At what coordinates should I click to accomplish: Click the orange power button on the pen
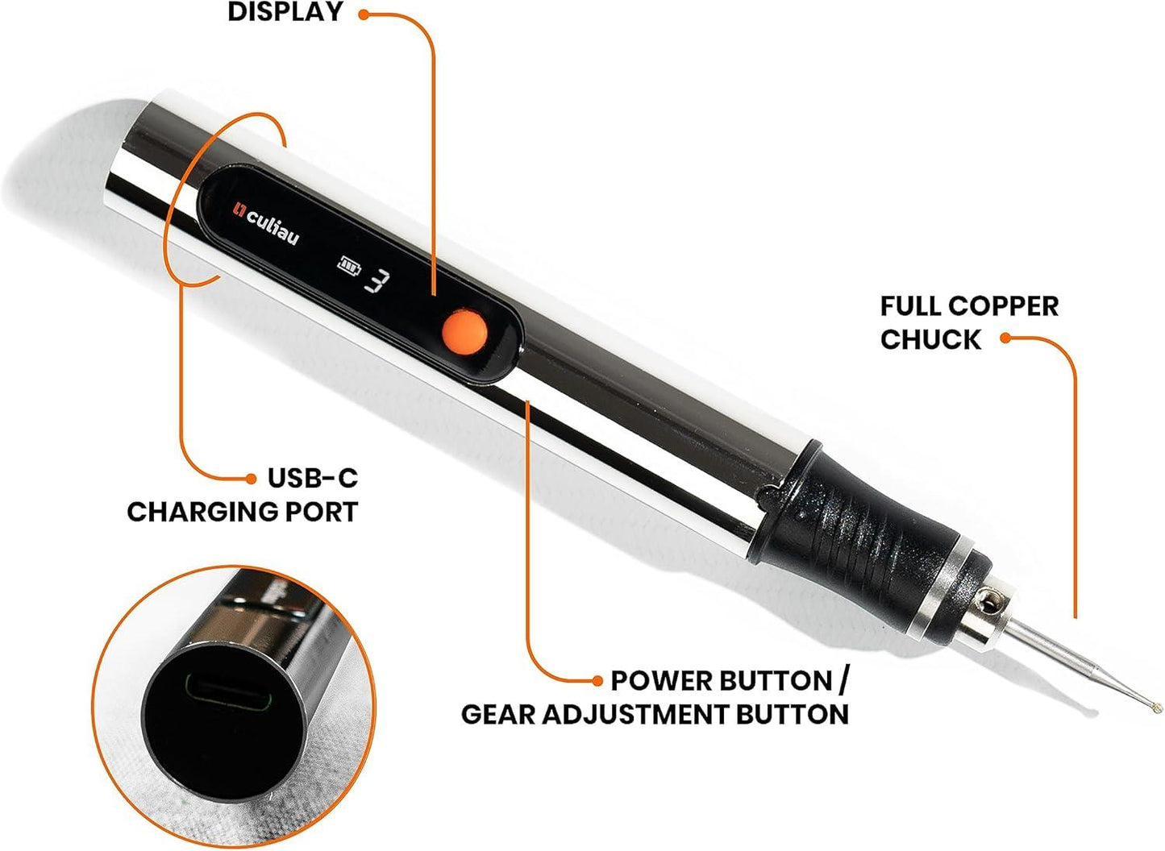click(464, 330)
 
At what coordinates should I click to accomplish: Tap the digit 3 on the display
click(380, 280)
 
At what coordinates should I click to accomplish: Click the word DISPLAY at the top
click(285, 13)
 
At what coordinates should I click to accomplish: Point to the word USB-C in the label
click(312, 478)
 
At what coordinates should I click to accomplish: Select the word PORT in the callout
click(322, 512)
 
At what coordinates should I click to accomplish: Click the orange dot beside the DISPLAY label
click(364, 14)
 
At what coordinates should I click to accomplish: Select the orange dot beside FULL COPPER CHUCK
click(1005, 338)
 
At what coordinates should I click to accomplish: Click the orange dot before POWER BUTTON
click(597, 681)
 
